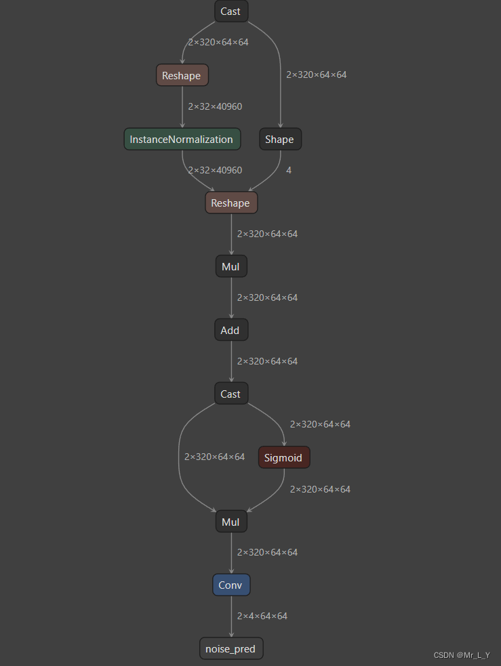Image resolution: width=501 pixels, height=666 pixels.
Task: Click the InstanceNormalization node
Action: tap(182, 140)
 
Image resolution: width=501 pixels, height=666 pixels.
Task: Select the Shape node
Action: tap(280, 140)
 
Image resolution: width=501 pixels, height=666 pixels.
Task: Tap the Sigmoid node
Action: tap(283, 457)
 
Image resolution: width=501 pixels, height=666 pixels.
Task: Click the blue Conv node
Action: tap(231, 585)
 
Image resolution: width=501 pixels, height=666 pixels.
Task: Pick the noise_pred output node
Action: tap(231, 648)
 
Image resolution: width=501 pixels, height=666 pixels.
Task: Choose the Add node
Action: tap(231, 331)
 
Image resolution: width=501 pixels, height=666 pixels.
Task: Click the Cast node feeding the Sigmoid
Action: tap(231, 394)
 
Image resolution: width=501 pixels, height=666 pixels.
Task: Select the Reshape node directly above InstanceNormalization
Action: tap(182, 75)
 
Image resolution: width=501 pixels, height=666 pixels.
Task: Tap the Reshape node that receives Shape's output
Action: tap(231, 203)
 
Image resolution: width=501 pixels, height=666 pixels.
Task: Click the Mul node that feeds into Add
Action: tap(231, 266)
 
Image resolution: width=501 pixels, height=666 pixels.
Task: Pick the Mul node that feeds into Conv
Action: tap(231, 522)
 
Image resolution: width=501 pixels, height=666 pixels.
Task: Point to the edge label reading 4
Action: tap(289, 170)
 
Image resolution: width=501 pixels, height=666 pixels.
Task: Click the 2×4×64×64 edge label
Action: tap(262, 616)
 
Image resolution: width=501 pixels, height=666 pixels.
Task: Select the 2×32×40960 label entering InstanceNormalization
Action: tap(215, 106)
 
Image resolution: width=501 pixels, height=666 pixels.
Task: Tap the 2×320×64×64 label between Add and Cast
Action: tap(267, 361)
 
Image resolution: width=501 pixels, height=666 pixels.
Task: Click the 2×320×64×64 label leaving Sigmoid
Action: tap(320, 489)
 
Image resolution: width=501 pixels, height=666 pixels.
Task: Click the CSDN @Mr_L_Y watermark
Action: tap(461, 655)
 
